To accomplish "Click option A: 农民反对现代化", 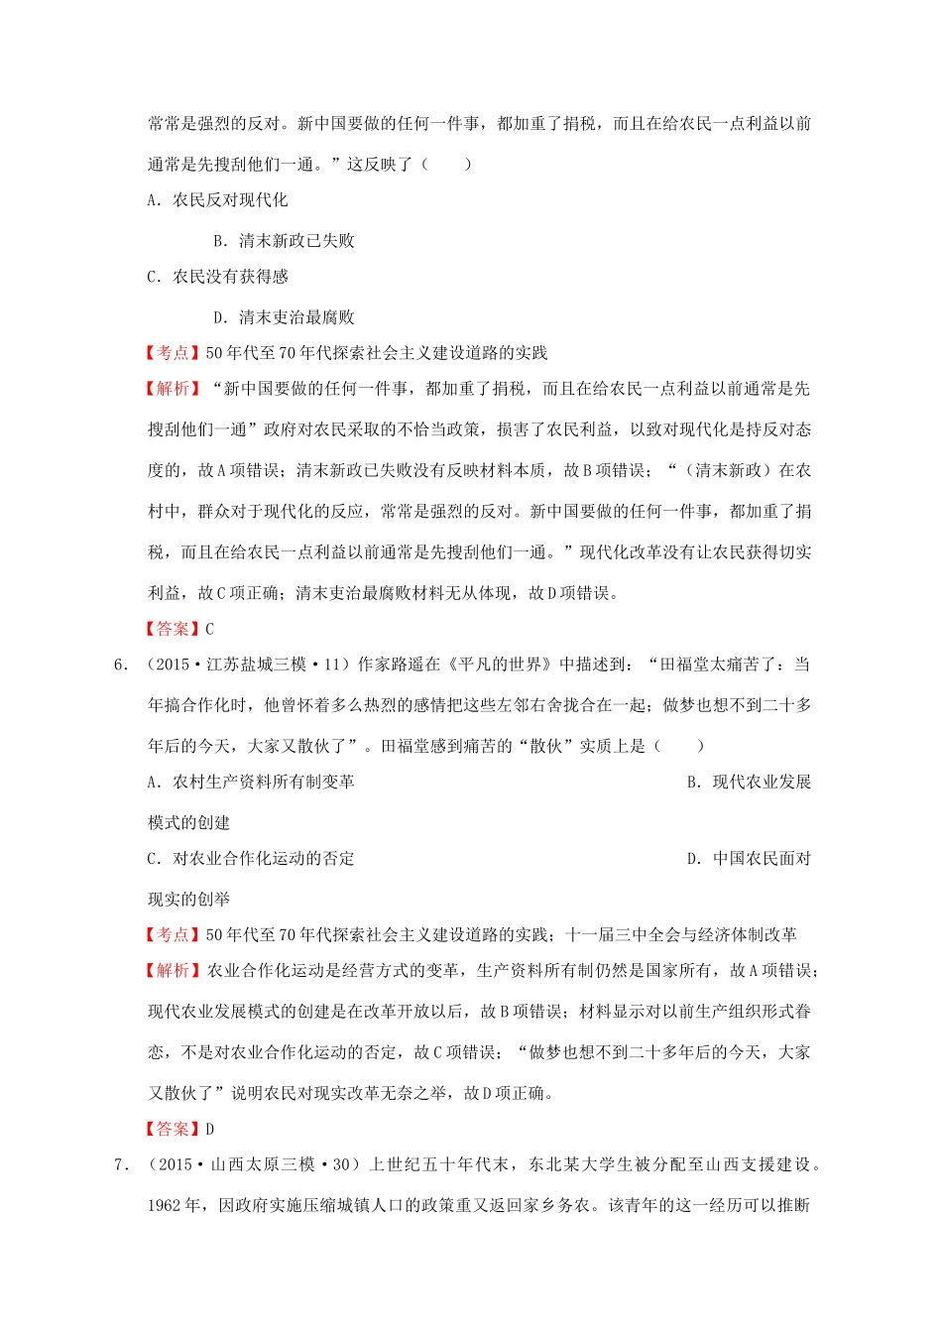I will [218, 200].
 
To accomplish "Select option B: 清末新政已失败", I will [285, 241].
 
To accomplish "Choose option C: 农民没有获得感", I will [218, 277].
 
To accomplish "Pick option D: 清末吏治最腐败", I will [285, 317].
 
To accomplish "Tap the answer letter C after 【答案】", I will [209, 629].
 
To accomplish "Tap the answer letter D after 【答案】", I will [209, 1129].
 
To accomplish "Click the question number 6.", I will [121, 665].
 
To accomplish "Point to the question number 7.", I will [121, 1164].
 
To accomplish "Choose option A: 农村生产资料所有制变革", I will [251, 782].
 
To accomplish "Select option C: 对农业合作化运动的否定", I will [251, 858].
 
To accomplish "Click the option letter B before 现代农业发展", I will [694, 782].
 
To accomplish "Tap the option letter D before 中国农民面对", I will [694, 858].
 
